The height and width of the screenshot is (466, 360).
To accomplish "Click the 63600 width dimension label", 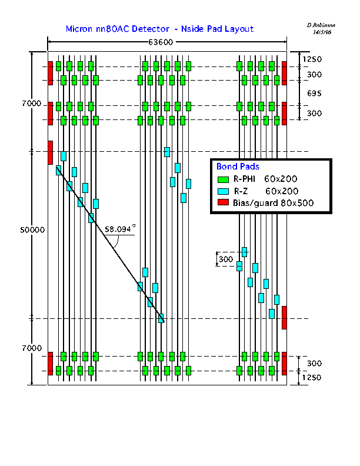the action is (161, 42).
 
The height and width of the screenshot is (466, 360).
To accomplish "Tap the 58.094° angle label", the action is (120, 229).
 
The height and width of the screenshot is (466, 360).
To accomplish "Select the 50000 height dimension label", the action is (32, 229).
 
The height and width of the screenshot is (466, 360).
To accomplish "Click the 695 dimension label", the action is (314, 94).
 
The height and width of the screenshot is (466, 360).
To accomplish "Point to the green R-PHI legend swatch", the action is (223, 179).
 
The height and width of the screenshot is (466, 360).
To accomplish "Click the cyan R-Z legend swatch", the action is (223, 191).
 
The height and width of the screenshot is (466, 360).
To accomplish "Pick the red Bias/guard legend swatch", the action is (223, 202).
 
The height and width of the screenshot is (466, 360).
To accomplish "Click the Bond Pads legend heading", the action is (238, 167).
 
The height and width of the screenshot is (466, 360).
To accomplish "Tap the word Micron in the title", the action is (79, 29).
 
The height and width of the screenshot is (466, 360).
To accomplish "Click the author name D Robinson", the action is (321, 25).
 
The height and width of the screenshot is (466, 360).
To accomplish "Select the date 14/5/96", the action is (322, 32).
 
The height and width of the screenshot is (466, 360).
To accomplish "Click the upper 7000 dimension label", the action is (32, 104).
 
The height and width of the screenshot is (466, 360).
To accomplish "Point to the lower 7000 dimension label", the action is (32, 348).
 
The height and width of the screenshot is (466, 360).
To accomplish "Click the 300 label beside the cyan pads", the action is (226, 259).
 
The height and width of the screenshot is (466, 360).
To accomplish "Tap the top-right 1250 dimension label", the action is (312, 59).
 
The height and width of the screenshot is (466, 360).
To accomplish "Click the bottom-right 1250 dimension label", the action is (312, 377).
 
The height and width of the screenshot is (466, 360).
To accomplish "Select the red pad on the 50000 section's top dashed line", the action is (51, 152).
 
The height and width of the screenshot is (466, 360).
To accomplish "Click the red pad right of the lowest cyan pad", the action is (284, 318).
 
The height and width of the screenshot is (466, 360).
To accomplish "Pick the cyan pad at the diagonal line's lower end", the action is (161, 318).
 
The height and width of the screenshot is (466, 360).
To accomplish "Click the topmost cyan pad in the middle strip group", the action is (167, 152).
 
